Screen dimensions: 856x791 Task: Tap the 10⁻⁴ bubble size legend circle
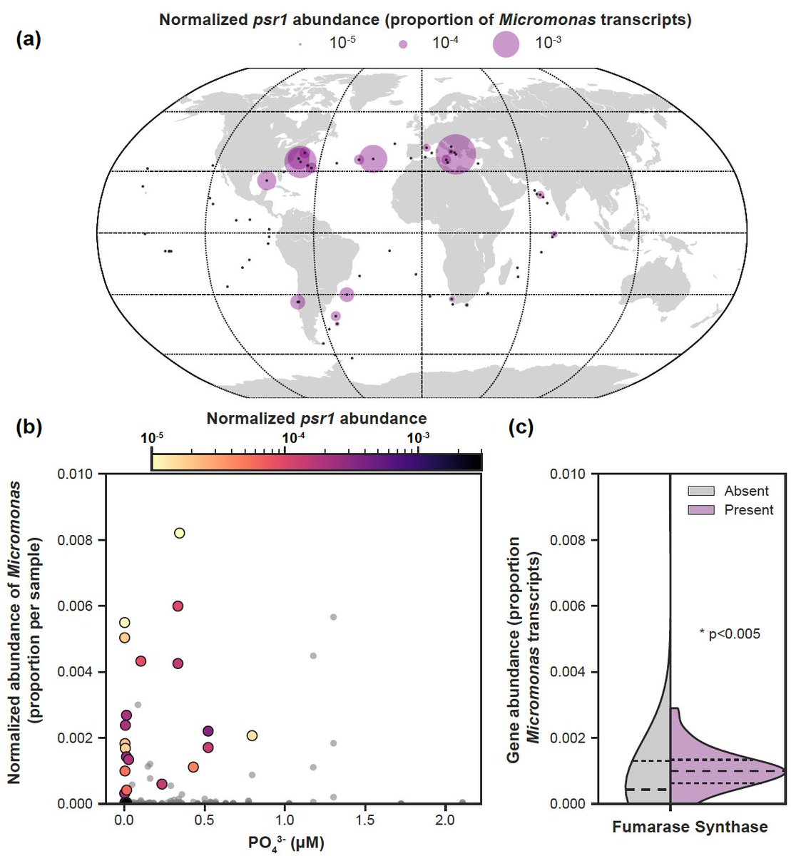[x=403, y=44]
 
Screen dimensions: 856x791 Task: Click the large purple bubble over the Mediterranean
[x=456, y=153]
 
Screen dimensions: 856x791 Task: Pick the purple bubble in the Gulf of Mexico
[x=267, y=180]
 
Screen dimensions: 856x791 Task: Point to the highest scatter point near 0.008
[x=180, y=533]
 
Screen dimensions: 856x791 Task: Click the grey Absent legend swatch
[x=703, y=491]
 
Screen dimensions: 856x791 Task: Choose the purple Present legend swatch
[x=703, y=510]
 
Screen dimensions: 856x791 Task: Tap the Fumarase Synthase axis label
[x=690, y=827]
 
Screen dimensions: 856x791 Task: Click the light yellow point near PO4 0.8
[x=252, y=735]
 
